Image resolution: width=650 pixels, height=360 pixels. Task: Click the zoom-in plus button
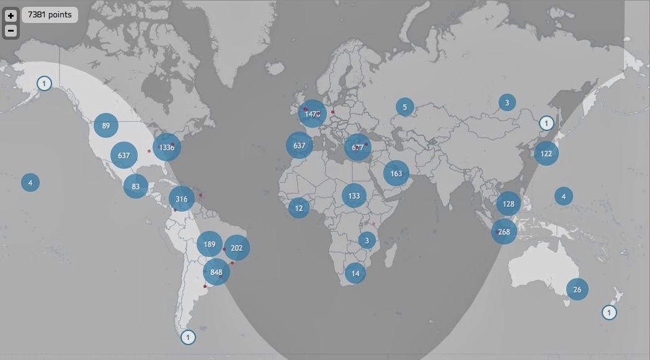(x=11, y=16)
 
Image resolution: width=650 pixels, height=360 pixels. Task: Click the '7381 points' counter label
(x=50, y=15)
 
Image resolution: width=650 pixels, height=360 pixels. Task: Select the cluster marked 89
(x=106, y=126)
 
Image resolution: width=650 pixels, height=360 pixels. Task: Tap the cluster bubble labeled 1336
(x=167, y=148)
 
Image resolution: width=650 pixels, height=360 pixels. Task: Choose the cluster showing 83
(x=136, y=186)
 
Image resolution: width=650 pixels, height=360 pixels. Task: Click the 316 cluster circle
(x=182, y=199)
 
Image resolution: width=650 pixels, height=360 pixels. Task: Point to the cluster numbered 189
(x=210, y=245)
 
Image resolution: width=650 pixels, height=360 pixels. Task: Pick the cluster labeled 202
(x=236, y=248)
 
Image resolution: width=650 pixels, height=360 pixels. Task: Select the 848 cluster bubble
(x=216, y=272)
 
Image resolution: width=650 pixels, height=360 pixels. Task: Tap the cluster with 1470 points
(x=312, y=114)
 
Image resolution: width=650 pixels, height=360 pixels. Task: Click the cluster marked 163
(x=396, y=173)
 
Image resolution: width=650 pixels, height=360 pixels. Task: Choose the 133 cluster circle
(x=354, y=196)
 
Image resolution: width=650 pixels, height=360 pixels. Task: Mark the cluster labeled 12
(x=299, y=208)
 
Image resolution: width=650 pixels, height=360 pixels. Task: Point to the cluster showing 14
(x=355, y=273)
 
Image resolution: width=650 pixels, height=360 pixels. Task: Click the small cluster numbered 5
(x=405, y=107)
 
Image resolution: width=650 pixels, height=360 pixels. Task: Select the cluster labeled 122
(x=546, y=153)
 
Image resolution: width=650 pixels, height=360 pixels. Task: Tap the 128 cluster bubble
(x=509, y=204)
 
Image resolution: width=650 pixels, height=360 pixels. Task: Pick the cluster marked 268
(x=504, y=232)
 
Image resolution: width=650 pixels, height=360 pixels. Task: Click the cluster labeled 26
(x=577, y=289)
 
